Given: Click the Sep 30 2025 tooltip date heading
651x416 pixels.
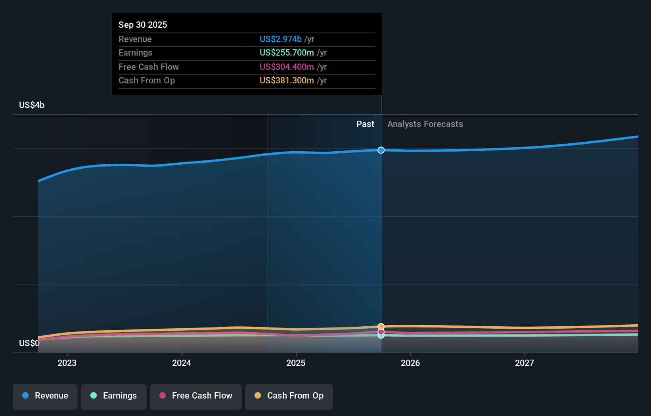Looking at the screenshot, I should [143, 25].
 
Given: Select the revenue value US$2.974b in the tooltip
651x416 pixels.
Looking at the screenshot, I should [280, 39].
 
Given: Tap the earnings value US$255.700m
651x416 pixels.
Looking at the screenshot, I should [286, 52].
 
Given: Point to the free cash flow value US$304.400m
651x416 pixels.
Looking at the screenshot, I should [286, 67].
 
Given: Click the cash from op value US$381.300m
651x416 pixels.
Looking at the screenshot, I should [286, 80].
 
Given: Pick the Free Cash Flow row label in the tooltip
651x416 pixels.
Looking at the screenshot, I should [149, 67].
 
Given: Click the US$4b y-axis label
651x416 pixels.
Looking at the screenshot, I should [32, 105].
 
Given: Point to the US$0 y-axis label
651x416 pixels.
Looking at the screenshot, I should [29, 343].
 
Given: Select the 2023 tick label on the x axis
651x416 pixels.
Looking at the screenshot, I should [67, 363].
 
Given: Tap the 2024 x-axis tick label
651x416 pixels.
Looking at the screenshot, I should [182, 363].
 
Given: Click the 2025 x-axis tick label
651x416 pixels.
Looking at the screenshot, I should [296, 363].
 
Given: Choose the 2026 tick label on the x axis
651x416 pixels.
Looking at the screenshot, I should [410, 363].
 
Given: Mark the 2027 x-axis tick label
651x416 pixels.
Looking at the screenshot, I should [525, 363].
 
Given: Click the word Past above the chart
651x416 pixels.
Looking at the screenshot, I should [365, 124].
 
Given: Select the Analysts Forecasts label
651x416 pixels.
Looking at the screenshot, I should [425, 124].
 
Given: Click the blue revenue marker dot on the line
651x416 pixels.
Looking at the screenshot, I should [381, 150].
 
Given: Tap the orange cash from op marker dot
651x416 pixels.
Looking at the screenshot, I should [381, 326].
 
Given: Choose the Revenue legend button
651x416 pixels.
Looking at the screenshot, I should [45, 396].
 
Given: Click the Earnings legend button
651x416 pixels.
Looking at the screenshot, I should [114, 396].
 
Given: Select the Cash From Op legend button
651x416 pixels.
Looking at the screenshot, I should [289, 396].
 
